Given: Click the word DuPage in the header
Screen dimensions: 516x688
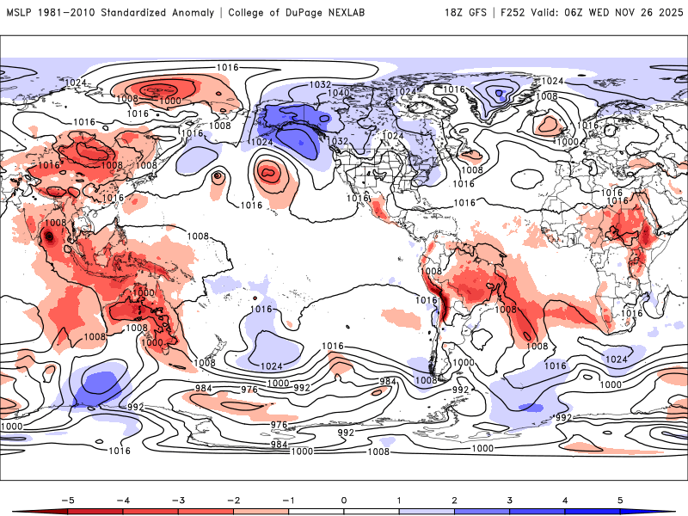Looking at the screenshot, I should point(323,12).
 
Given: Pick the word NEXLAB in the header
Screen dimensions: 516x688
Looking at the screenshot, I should point(368,12).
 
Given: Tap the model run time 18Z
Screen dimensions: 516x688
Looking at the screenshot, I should point(456,12).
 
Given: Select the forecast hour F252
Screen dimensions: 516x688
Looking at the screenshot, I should point(514,12).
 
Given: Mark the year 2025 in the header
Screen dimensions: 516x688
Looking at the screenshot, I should point(668,12).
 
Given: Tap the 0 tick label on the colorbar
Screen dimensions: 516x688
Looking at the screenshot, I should point(343,499).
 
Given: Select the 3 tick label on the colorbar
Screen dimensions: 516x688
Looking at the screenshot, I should point(510,499).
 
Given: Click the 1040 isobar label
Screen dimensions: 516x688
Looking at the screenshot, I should point(340,93).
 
